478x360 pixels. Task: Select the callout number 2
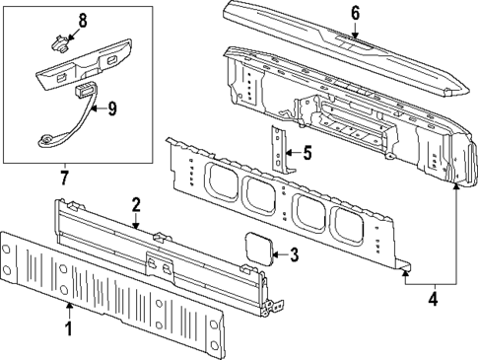136,204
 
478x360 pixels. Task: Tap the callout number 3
294,254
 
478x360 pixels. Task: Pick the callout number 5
307,153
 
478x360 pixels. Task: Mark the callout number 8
82,20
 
